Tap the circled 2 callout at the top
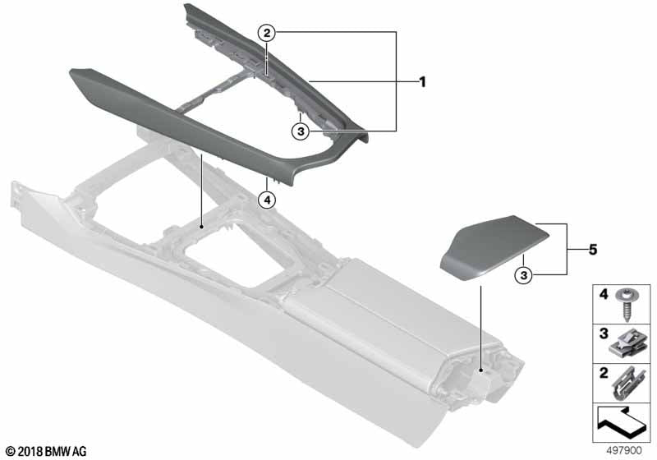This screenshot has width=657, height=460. [x=266, y=33]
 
